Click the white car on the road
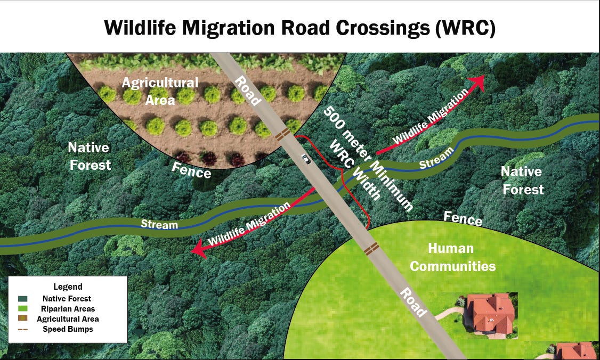point(305,158)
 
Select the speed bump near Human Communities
point(371,248)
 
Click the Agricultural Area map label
point(159,91)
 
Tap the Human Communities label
point(452,257)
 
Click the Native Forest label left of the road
point(89,156)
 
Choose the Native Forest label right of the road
point(522,180)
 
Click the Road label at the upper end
point(248,89)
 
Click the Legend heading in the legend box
point(68,287)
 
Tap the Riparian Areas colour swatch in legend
point(23,309)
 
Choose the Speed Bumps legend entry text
point(68,329)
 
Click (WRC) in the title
point(465,27)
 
